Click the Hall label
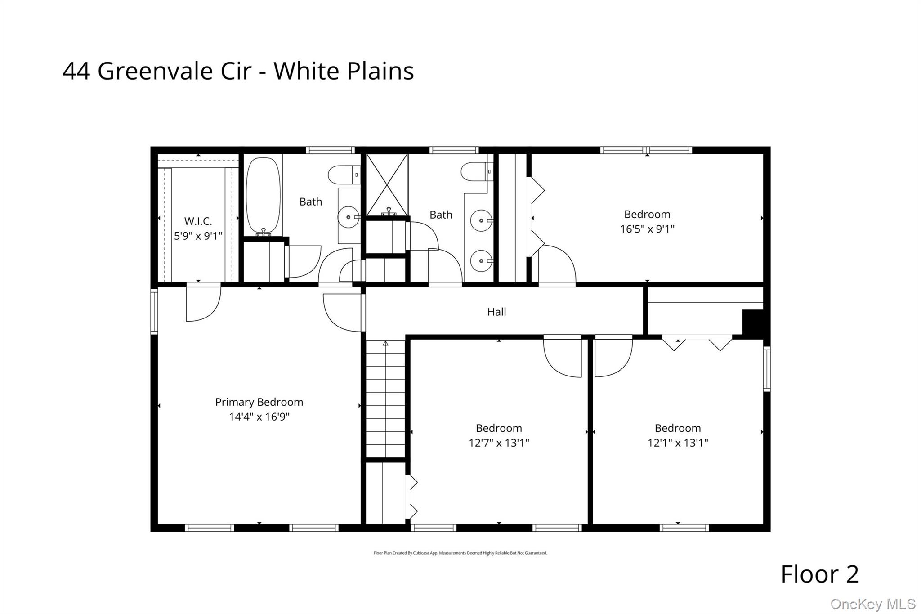[496, 312]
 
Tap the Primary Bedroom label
[259, 402]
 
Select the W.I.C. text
[198, 221]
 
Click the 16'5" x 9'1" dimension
[647, 229]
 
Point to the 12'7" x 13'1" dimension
[499, 443]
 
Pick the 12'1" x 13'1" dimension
[678, 443]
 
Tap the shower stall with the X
[387, 184]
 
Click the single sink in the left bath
[349, 218]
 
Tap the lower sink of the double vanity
[481, 261]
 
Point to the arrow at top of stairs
[385, 343]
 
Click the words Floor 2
[820, 574]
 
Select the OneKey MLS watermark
[872, 604]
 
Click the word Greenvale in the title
[155, 71]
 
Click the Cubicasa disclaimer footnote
[460, 553]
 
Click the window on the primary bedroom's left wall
[154, 312]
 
